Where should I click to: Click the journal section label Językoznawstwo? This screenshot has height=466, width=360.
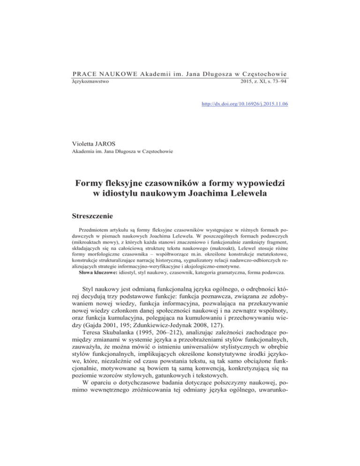(91, 82)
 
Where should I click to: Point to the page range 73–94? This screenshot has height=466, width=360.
(277, 82)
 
